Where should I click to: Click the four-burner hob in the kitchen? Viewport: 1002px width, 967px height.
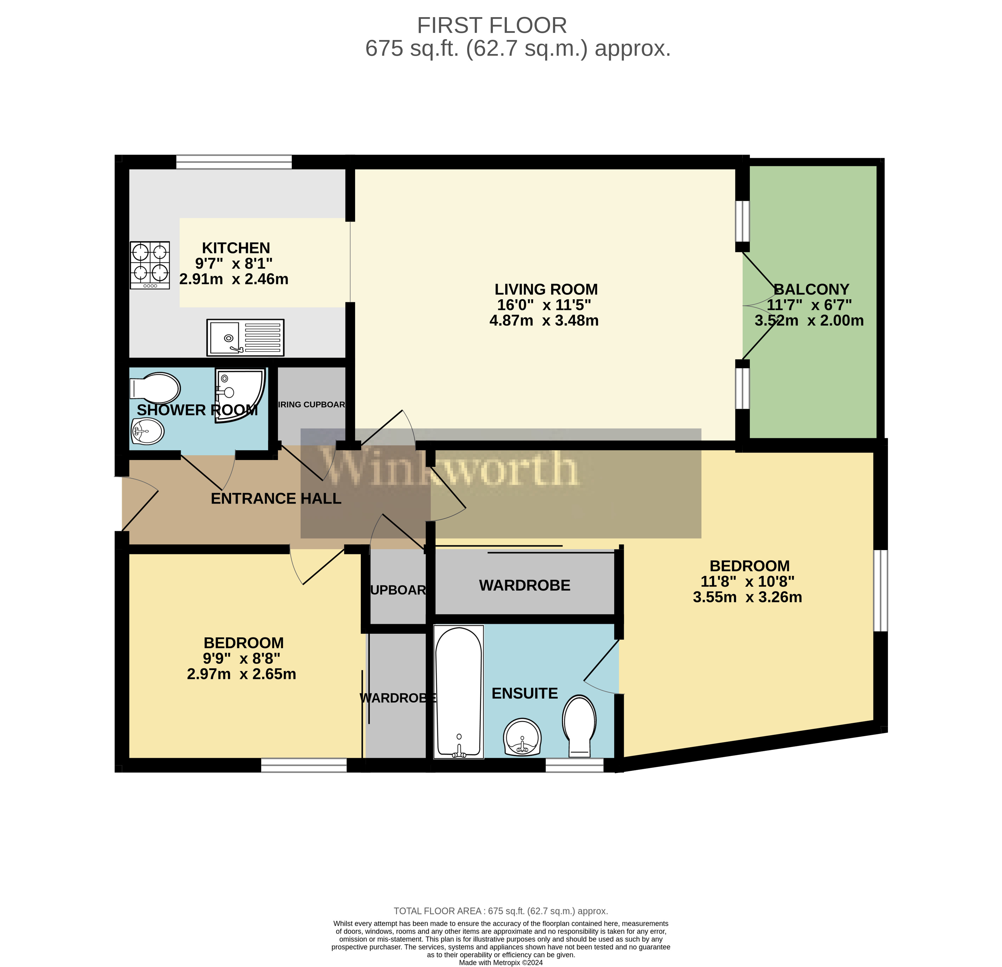pyautogui.click(x=150, y=265)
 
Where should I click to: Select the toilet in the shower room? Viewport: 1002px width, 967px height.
pyautogui.click(x=155, y=389)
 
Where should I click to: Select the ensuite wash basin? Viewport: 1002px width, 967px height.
pyautogui.click(x=522, y=737)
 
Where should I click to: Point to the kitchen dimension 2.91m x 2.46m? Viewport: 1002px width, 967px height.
pyautogui.click(x=234, y=279)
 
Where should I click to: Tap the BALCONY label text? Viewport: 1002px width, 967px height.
pyautogui.click(x=811, y=289)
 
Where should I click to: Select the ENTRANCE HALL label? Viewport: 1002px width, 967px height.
pyautogui.click(x=276, y=499)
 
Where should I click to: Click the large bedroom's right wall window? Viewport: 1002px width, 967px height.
pyautogui.click(x=880, y=591)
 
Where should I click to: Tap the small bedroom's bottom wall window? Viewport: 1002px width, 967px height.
pyautogui.click(x=304, y=765)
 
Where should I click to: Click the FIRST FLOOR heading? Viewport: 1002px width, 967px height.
pyautogui.click(x=492, y=25)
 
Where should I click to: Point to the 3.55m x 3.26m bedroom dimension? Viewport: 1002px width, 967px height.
pyautogui.click(x=747, y=597)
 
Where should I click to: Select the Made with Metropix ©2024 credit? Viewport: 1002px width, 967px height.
pyautogui.click(x=501, y=962)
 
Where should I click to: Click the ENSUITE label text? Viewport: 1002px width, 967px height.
pyautogui.click(x=525, y=694)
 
